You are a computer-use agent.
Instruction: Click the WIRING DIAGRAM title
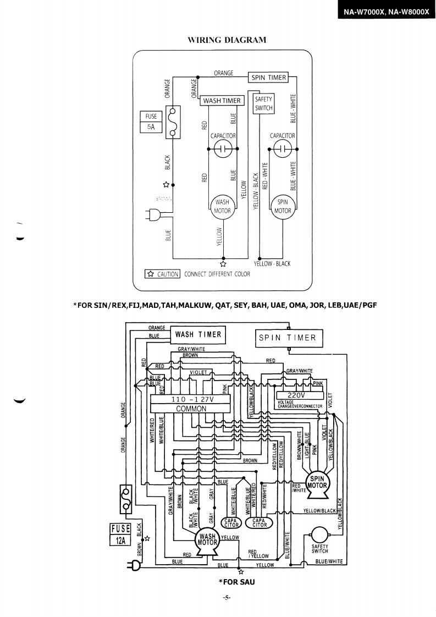point(227,40)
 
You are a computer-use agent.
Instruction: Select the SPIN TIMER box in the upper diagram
point(269,78)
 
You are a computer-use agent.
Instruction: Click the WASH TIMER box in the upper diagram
point(222,101)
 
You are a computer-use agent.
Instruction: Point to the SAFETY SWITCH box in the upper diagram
point(263,103)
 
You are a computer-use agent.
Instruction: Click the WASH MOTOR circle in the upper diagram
point(222,206)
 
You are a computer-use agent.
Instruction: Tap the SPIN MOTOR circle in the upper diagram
point(283,206)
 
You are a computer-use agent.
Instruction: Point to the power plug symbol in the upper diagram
point(151,215)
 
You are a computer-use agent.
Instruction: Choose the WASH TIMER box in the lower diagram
point(198,334)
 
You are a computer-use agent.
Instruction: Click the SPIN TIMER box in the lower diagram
point(288,338)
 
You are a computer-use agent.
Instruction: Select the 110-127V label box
point(191,400)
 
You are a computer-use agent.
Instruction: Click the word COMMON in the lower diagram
point(191,409)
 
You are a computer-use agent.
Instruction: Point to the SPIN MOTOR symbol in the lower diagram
point(317,482)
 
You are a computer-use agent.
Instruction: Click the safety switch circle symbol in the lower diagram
point(319,535)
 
